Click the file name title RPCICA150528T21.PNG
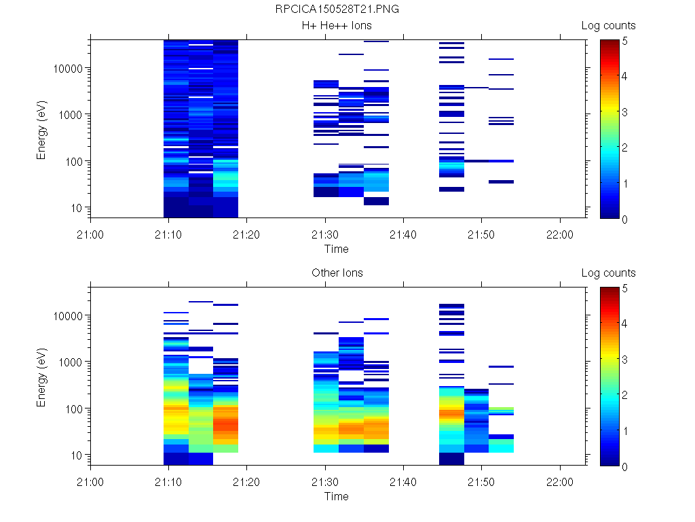click(337, 10)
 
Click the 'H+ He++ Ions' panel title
click(337, 26)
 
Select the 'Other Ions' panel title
click(337, 273)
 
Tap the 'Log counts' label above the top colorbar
click(608, 26)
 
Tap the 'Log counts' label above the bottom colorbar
click(608, 273)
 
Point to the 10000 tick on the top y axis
click(68, 69)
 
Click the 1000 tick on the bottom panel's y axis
click(71, 362)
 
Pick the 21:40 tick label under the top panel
click(403, 234)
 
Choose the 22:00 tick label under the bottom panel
click(560, 482)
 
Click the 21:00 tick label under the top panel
click(90, 234)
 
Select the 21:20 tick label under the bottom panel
click(247, 482)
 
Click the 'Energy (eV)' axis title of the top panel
click(41, 128)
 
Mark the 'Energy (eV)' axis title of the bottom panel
click(41, 376)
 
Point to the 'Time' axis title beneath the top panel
click(336, 249)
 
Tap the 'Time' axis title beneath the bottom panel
click(336, 496)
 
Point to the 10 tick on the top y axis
click(76, 207)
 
